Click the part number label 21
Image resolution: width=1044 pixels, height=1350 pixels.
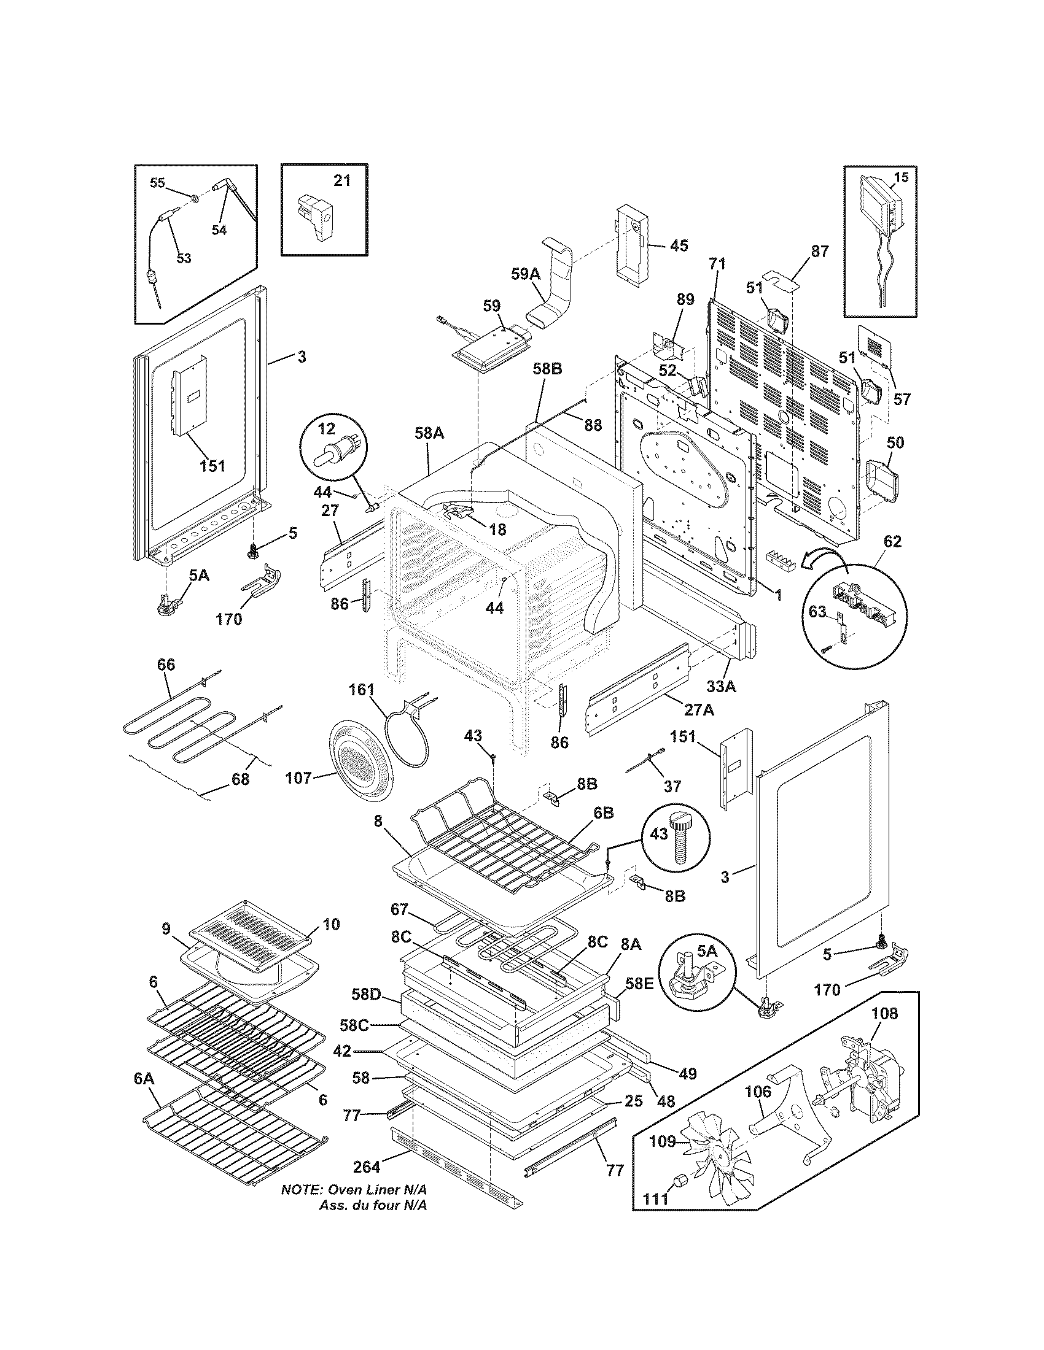tap(342, 180)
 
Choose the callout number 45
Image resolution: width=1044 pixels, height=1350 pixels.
tap(679, 246)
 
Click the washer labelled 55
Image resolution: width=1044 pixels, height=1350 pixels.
tap(194, 198)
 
